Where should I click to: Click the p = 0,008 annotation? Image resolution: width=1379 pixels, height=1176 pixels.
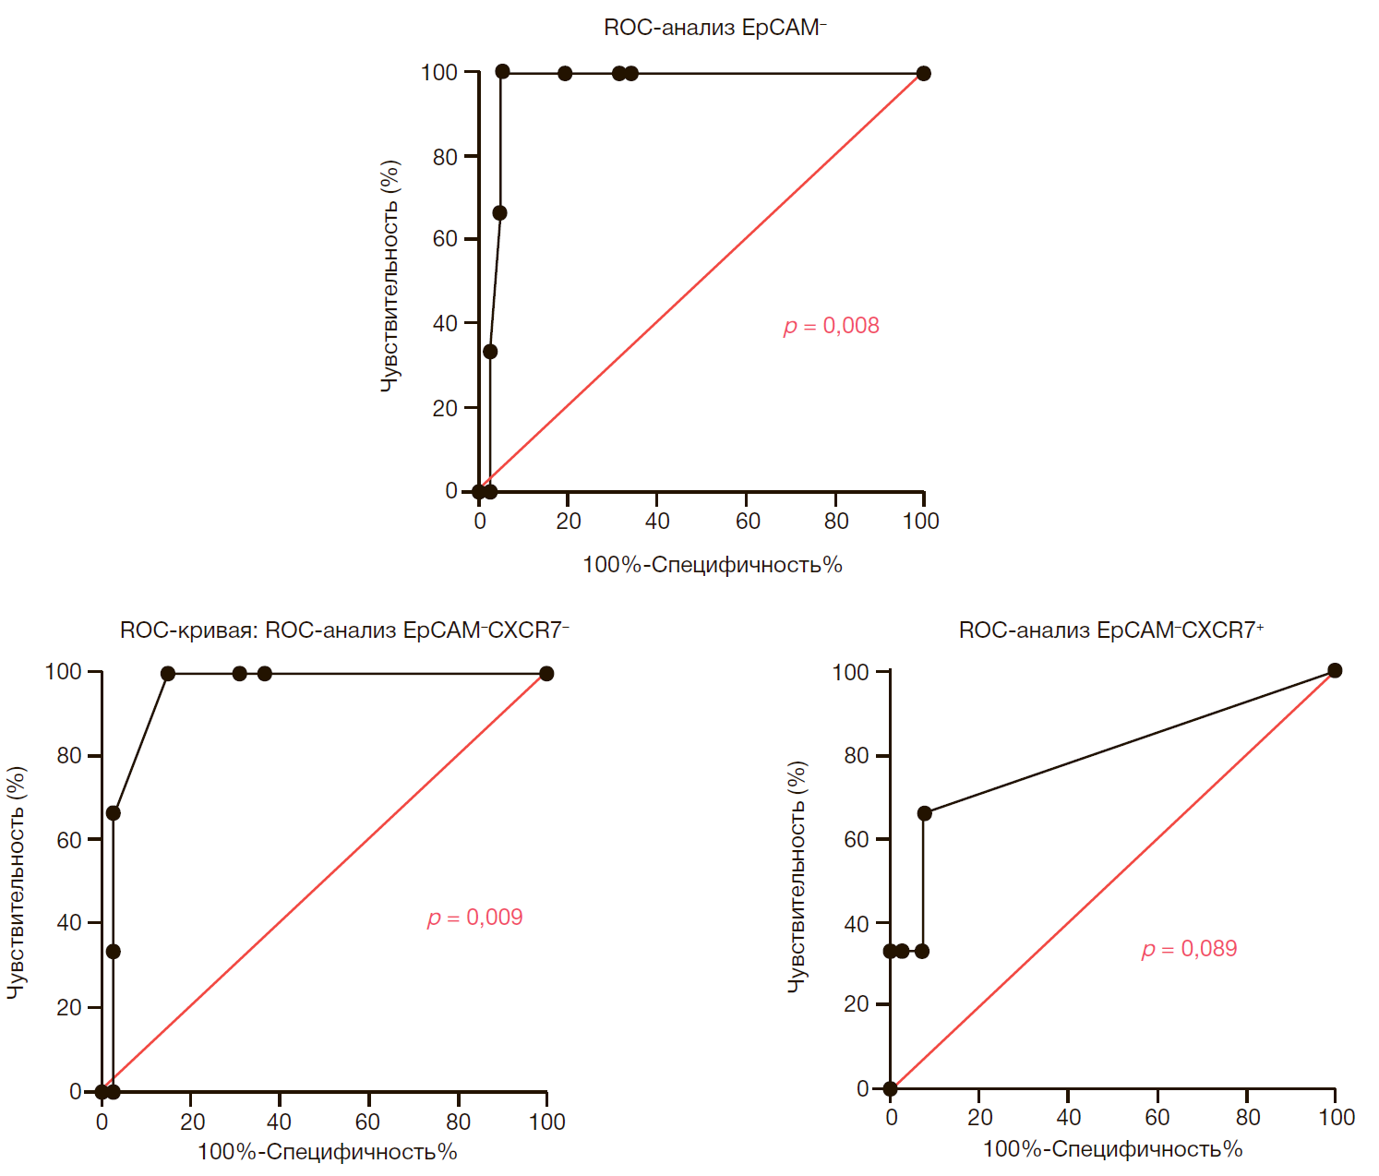click(831, 326)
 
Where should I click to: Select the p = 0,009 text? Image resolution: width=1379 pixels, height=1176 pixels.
click(474, 918)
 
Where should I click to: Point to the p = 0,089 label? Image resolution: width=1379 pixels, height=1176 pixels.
click(1189, 949)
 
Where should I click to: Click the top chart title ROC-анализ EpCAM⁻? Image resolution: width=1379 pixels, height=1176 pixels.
click(714, 28)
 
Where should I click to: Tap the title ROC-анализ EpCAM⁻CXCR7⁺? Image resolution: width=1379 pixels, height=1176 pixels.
click(1110, 630)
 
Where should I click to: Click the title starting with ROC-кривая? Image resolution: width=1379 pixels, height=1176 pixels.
click(344, 630)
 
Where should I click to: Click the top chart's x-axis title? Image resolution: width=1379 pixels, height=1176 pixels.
click(712, 565)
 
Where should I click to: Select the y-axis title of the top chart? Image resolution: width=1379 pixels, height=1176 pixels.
click(390, 277)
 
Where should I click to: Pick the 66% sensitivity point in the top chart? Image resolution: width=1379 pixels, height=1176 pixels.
click(499, 213)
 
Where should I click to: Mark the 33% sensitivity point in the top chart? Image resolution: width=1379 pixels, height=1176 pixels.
click(490, 352)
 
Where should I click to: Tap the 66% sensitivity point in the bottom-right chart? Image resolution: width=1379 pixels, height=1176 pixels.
click(924, 813)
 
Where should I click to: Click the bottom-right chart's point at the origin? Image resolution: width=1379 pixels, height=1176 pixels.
click(890, 1089)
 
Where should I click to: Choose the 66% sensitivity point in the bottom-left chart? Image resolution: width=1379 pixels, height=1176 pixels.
click(113, 813)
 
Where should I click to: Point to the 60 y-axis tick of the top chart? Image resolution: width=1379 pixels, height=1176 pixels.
click(445, 239)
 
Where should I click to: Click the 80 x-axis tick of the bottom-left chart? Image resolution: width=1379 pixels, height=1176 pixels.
click(458, 1122)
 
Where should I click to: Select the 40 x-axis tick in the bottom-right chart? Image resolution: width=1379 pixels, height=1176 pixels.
click(1068, 1118)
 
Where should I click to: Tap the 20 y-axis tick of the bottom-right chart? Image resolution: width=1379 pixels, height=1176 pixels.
click(856, 1004)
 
